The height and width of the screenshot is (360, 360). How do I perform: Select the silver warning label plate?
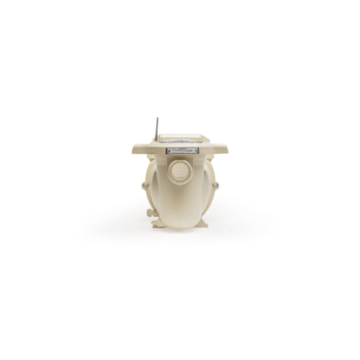pos(181,150)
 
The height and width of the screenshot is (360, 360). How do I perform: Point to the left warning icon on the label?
pos(168,150)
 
